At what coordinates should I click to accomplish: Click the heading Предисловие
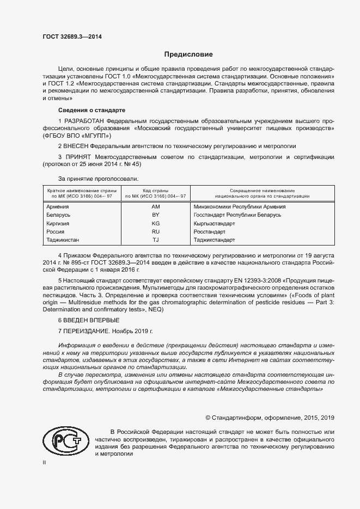tap(189, 54)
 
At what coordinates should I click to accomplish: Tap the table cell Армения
tap(58, 207)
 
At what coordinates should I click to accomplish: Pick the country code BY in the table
tap(155, 215)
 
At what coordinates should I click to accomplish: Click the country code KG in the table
tap(155, 223)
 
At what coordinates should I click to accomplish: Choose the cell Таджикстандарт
tap(214, 240)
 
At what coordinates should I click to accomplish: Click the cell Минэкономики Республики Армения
tap(240, 207)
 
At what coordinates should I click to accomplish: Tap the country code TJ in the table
tap(155, 240)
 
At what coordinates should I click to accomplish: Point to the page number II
tap(44, 462)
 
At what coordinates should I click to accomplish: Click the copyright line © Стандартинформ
tap(270, 418)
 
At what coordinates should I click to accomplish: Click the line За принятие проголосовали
tap(99, 178)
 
